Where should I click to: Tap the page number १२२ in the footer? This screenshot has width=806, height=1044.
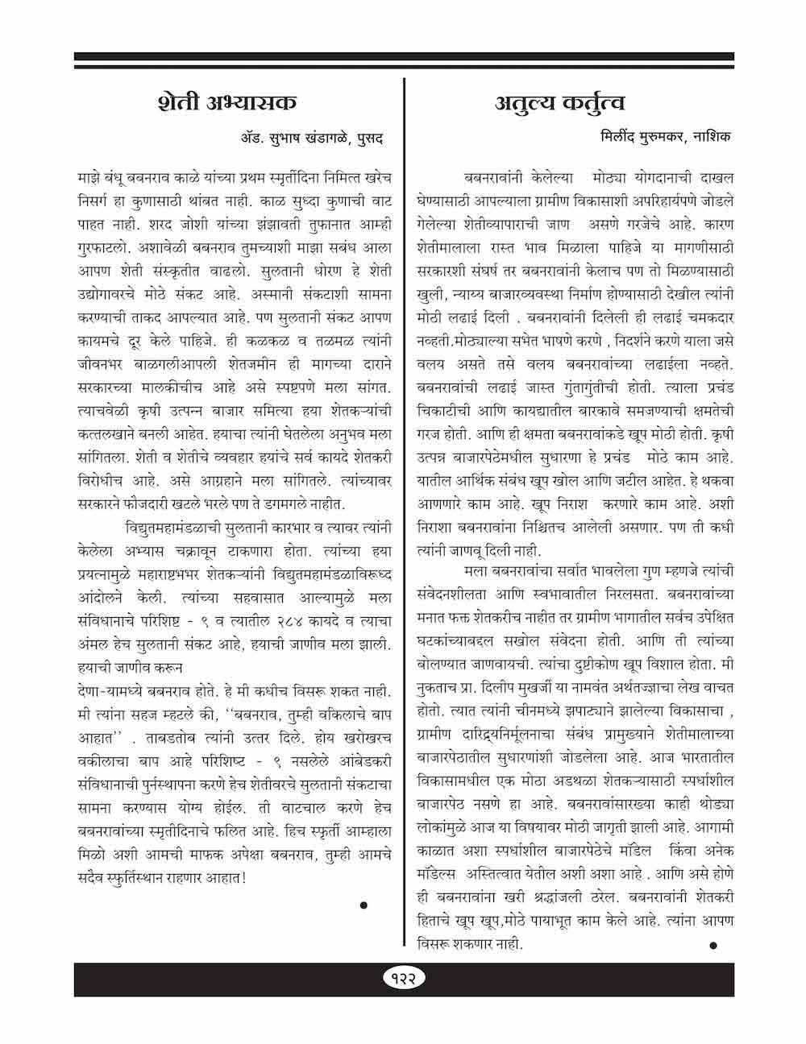coord(404,977)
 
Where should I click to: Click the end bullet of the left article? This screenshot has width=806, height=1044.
coord(364,905)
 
